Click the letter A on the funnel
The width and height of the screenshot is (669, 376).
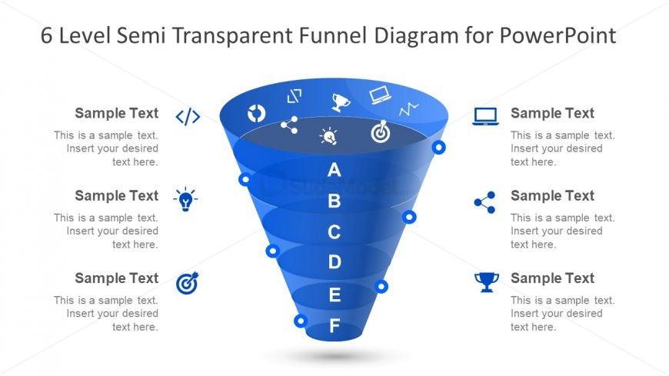click(x=334, y=170)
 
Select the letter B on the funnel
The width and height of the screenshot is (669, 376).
click(x=334, y=201)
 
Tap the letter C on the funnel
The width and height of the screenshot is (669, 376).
click(x=334, y=231)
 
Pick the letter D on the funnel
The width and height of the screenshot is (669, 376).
click(x=334, y=261)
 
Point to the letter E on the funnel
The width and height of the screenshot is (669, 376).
click(x=335, y=294)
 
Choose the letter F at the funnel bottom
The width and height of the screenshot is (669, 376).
click(x=335, y=326)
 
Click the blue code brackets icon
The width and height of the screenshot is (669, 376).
click(x=188, y=117)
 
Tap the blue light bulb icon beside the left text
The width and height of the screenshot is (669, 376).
click(x=185, y=199)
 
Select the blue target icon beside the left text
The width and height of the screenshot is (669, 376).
click(x=188, y=282)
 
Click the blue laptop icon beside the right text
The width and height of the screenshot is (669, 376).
click(x=485, y=116)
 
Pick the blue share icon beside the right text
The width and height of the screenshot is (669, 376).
click(x=485, y=202)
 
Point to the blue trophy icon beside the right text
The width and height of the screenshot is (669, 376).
click(x=487, y=282)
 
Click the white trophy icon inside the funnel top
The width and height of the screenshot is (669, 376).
click(x=341, y=102)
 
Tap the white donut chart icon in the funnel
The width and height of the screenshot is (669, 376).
click(x=256, y=114)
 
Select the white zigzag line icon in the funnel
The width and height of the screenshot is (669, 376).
click(x=409, y=109)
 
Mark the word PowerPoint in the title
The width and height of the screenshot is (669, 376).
click(x=557, y=35)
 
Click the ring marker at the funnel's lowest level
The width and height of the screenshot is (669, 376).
click(x=301, y=321)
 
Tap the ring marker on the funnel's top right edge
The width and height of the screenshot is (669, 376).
click(x=438, y=147)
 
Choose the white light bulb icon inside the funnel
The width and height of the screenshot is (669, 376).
click(x=328, y=136)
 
